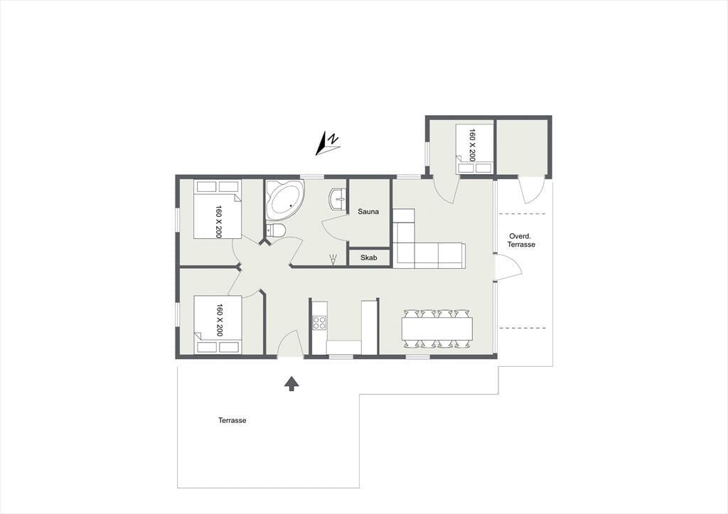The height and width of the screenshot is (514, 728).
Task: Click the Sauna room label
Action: [x=368, y=212]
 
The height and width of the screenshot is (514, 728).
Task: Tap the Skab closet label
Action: [x=369, y=257]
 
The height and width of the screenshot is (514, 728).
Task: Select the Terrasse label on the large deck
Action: [x=232, y=420]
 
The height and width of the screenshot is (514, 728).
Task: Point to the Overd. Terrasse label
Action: [x=521, y=240]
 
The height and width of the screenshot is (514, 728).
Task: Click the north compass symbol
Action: [x=328, y=143]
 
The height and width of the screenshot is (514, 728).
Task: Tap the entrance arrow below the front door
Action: [x=291, y=383]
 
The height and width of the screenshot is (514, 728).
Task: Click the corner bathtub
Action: [x=285, y=200]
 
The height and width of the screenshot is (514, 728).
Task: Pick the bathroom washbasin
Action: [x=338, y=200]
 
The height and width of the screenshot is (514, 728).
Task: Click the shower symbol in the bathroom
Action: [x=333, y=259]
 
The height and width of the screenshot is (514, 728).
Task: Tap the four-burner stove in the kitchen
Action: [x=319, y=322]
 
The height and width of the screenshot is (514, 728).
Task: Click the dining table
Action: [x=437, y=328]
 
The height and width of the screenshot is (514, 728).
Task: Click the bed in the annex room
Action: [x=474, y=149]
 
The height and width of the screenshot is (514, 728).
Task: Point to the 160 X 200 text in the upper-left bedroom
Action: [x=219, y=222]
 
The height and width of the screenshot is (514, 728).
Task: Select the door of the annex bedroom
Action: [x=445, y=191]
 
